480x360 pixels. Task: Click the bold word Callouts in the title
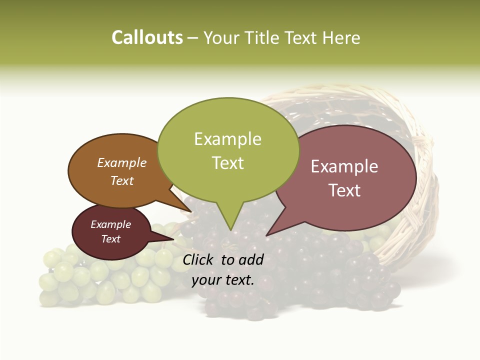(x=147, y=37)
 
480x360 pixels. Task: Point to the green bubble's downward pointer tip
(x=230, y=230)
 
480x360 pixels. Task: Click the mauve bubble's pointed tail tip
(x=266, y=235)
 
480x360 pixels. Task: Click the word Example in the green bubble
(x=227, y=139)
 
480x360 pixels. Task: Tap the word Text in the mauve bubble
(x=344, y=190)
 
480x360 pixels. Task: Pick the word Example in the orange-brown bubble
(x=122, y=162)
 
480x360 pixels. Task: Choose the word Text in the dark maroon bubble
(x=111, y=239)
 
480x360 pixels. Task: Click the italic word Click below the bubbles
(x=199, y=259)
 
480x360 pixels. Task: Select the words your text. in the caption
(x=223, y=280)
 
